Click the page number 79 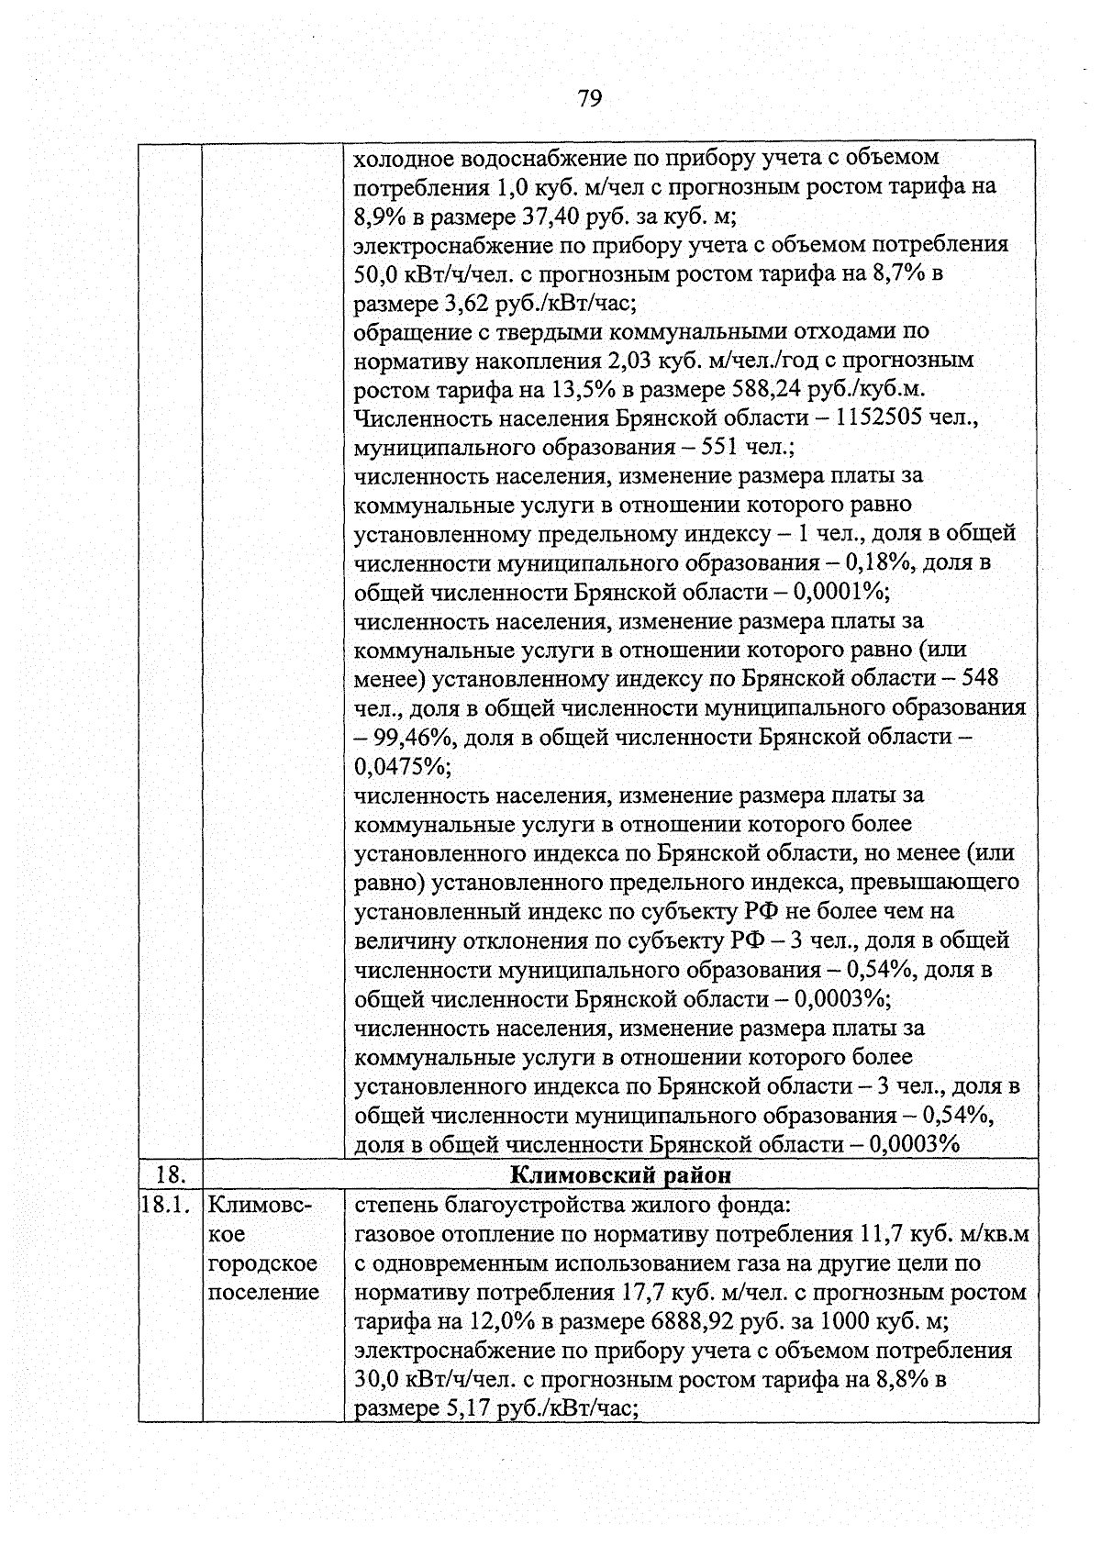[x=590, y=98]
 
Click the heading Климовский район [x=620, y=1174]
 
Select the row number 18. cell [x=170, y=1174]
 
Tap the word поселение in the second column [x=264, y=1292]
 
